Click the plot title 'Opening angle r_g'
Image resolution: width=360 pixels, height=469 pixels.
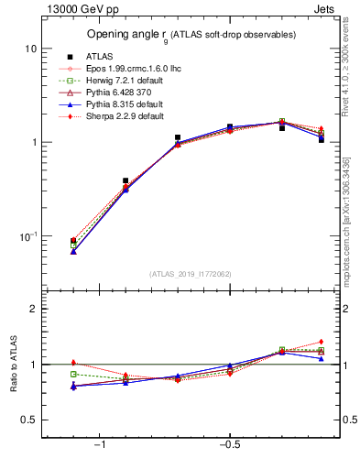(191, 35)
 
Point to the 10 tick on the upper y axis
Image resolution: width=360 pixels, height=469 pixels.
(31, 48)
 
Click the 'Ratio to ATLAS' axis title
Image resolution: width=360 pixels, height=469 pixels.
(12, 364)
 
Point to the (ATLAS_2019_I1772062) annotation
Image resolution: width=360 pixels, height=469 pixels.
(190, 274)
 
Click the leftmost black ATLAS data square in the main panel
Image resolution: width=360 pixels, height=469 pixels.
(73, 241)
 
